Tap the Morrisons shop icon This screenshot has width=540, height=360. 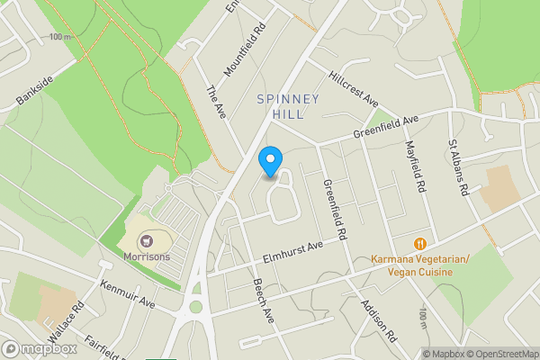point(146,240)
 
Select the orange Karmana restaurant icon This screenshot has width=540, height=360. point(419,243)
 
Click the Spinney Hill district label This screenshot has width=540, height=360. point(288,106)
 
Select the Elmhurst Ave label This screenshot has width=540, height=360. point(293,251)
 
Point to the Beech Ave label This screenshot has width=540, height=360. point(263,303)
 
